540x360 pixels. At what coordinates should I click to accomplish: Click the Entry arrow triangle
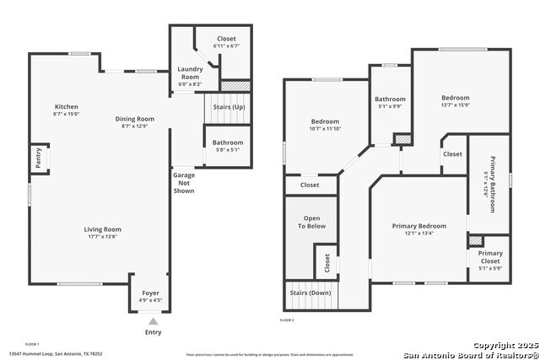[153, 321]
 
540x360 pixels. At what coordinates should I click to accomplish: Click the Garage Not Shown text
[184, 183]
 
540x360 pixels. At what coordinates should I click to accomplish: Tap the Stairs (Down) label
[310, 293]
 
